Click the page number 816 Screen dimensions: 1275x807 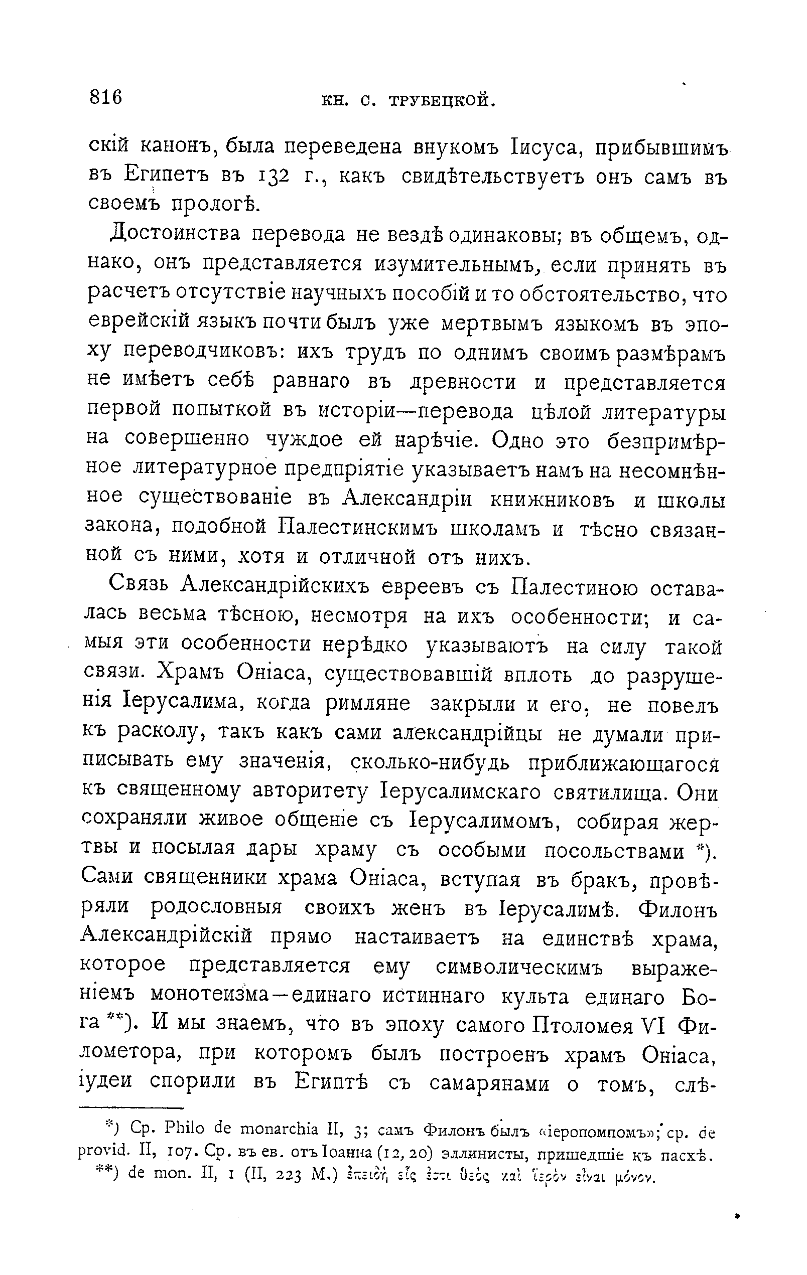coord(106,97)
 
